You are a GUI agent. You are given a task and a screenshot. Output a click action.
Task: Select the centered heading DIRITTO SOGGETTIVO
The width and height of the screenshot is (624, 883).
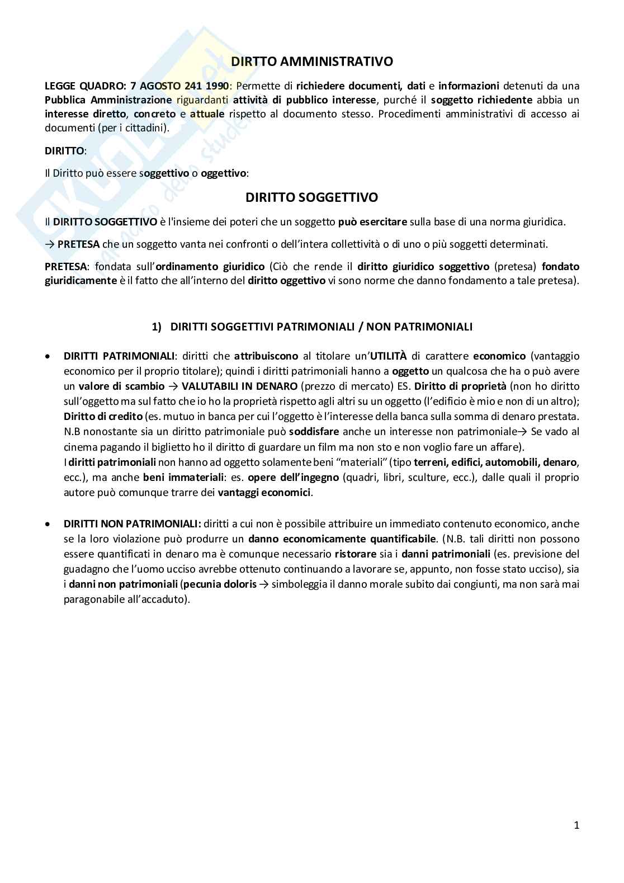point(311,197)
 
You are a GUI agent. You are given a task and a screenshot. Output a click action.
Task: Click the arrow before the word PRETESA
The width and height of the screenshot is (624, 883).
point(49,244)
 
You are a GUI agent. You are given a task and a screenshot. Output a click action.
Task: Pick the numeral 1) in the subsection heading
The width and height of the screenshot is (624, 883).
point(157,327)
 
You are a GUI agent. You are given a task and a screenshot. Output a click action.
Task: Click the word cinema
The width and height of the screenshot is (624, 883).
point(80,447)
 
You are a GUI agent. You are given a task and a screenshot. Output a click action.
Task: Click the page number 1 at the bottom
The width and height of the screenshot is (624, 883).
point(576,825)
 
